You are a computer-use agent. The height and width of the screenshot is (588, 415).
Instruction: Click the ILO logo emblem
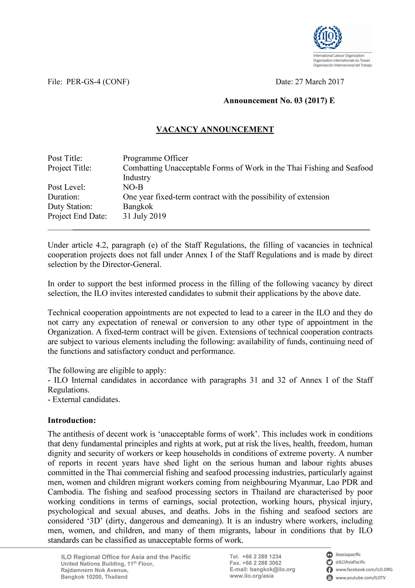pyautogui.click(x=328, y=38)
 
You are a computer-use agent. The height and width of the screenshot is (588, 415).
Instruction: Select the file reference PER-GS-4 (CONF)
pyautogui.click(x=98, y=82)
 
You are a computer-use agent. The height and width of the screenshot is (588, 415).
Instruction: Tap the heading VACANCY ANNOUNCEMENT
pyautogui.click(x=215, y=129)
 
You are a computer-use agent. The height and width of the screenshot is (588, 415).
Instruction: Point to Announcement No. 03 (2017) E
pyautogui.click(x=279, y=101)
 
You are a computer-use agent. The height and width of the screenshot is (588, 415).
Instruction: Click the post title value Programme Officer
pyautogui.click(x=155, y=158)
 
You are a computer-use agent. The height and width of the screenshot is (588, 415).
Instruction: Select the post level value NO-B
pyautogui.click(x=133, y=187)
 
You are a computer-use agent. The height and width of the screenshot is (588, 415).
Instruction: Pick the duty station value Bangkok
pyautogui.click(x=138, y=206)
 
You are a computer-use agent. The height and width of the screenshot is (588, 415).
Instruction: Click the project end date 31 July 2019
pyautogui.click(x=144, y=216)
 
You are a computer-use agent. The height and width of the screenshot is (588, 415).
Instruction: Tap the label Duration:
pyautogui.click(x=64, y=197)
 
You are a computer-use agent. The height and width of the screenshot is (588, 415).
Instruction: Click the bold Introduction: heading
pyautogui.click(x=72, y=420)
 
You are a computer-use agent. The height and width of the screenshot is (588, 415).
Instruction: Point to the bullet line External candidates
pyautogui.click(x=84, y=399)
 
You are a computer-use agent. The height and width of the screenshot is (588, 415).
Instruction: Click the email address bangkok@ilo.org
pyautogui.click(x=272, y=569)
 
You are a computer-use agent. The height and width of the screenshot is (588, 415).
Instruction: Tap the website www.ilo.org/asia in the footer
pyautogui.click(x=251, y=576)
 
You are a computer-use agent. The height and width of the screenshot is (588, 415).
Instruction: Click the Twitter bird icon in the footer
pyautogui.click(x=329, y=562)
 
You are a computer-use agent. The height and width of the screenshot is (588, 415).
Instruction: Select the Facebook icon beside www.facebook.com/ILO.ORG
pyautogui.click(x=329, y=570)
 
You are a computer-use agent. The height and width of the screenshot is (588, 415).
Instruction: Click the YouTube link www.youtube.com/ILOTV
pyautogui.click(x=361, y=578)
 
